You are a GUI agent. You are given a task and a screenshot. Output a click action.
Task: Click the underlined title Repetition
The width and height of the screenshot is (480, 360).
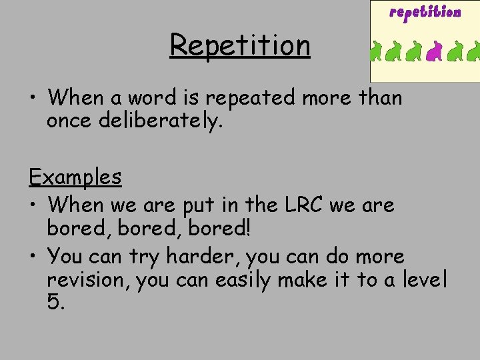coord(240,45)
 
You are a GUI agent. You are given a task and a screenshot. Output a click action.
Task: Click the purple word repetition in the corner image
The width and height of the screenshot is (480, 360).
coord(425,13)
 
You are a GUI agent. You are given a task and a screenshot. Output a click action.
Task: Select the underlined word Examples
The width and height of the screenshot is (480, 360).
coord(75,177)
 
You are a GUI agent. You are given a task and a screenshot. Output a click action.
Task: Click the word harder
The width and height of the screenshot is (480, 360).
coord(205,256)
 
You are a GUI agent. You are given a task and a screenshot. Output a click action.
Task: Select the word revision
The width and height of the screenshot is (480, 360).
coord(88,280)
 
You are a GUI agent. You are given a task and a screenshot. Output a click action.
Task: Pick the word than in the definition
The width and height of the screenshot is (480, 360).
coord(380,97)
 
